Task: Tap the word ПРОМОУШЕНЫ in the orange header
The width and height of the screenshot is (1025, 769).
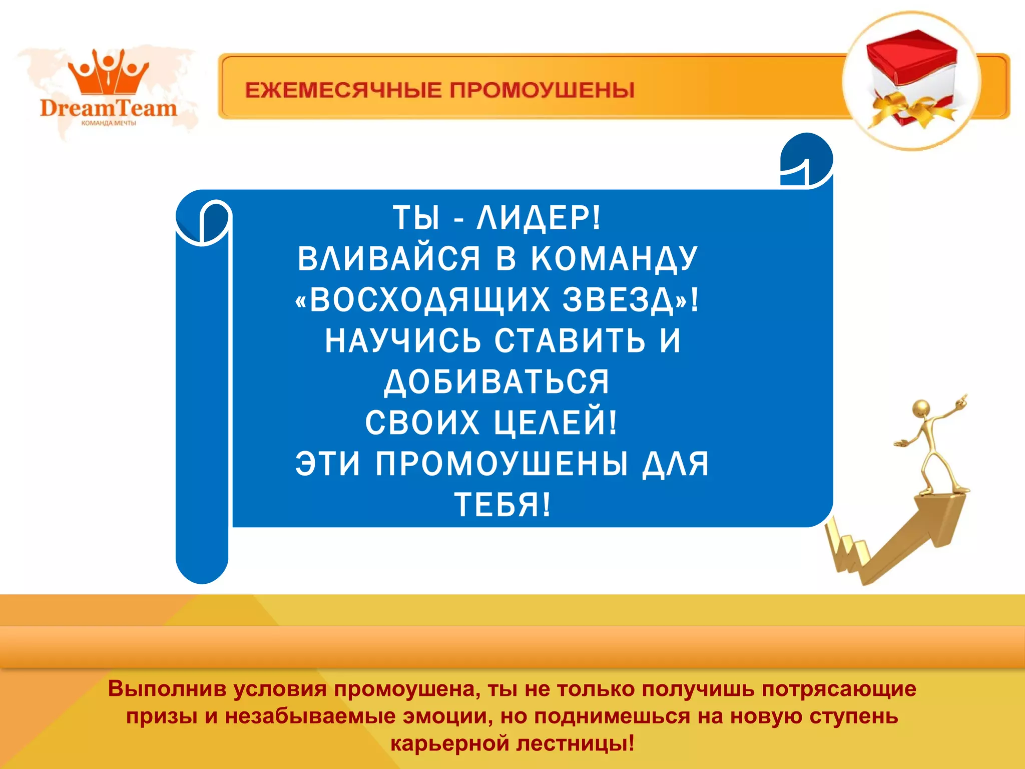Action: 542,91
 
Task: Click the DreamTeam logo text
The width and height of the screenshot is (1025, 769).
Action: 109,108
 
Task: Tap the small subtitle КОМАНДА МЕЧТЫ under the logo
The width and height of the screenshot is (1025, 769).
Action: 109,123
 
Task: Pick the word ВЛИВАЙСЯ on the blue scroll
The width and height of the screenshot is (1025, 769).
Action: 388,259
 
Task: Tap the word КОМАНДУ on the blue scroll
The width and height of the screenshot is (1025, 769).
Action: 614,259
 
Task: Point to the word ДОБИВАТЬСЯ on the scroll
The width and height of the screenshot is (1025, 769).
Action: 496,381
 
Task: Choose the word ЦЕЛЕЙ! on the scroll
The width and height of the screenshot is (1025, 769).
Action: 556,423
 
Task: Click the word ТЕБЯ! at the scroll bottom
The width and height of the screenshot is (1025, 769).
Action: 502,504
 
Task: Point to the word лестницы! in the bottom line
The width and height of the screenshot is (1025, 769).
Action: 576,743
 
